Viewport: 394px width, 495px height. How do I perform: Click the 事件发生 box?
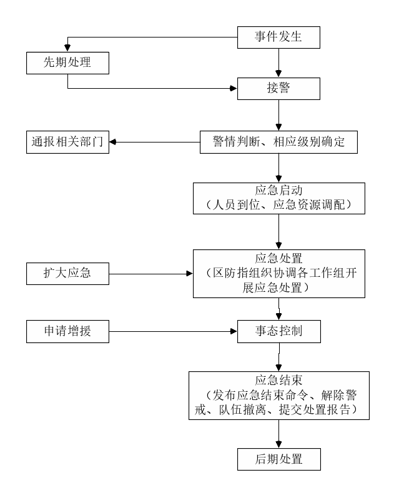(278, 37)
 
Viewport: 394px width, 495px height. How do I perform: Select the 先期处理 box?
(67, 63)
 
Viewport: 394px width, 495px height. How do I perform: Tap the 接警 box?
(278, 89)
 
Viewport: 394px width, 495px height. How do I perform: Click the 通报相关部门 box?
(67, 142)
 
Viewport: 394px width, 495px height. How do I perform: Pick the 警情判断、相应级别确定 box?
(278, 142)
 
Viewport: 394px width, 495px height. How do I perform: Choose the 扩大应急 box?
(67, 274)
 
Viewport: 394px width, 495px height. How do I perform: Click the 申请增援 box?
(67, 331)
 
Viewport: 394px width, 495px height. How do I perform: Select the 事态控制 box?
(279, 331)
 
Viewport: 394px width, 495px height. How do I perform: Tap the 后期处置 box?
(279, 459)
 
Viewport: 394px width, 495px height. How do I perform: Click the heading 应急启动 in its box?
(278, 191)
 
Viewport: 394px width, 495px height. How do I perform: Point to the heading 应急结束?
(278, 380)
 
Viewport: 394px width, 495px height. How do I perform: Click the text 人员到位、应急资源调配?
(278, 205)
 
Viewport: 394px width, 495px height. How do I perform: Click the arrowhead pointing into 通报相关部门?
(112, 142)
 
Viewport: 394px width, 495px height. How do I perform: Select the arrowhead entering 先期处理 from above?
(67, 48)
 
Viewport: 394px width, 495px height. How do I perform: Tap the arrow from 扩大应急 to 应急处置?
(151, 274)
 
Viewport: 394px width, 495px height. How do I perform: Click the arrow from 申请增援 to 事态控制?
(173, 331)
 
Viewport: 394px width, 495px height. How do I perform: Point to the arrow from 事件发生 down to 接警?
(278, 63)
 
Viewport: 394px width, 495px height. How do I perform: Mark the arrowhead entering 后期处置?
(278, 444)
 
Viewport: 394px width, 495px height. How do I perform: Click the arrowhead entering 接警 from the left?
(234, 88)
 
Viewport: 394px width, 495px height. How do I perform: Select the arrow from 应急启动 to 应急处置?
(278, 232)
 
